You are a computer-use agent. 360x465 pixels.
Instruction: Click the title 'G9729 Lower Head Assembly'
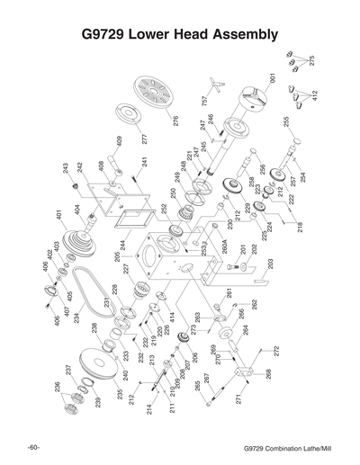coord(180,35)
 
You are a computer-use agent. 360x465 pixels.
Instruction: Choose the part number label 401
coord(58,216)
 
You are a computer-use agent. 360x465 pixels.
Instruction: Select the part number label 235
coord(120,393)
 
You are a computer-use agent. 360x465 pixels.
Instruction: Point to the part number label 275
coord(311,59)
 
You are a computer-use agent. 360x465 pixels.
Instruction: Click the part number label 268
coord(266,373)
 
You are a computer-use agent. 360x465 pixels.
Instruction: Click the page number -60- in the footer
coord(33,447)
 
